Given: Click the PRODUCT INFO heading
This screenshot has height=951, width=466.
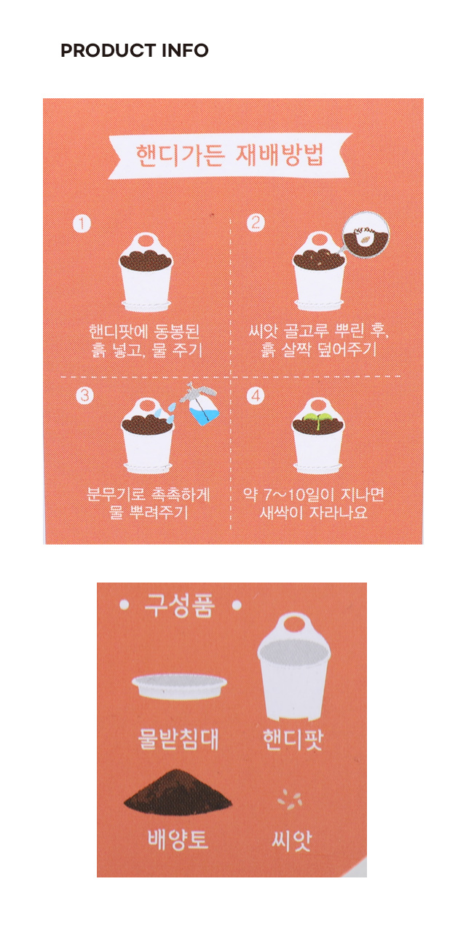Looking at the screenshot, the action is click(x=134, y=50).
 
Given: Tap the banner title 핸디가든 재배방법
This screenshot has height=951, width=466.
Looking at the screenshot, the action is click(x=229, y=155).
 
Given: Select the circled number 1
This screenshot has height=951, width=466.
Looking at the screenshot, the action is click(x=82, y=224).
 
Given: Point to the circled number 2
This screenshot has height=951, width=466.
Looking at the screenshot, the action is click(x=256, y=223).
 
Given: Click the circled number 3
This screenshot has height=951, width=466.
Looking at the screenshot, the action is click(x=84, y=395).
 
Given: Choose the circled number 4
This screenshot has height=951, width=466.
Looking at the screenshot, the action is click(x=256, y=395).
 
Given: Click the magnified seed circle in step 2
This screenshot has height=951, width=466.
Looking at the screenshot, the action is click(x=366, y=234).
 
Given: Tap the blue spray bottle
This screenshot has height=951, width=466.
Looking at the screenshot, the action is click(x=201, y=404).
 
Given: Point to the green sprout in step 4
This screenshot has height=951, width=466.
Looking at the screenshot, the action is click(x=315, y=417).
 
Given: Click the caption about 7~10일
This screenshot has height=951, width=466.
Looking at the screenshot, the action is click(x=314, y=503).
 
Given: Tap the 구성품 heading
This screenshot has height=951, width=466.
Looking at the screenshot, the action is click(x=180, y=605).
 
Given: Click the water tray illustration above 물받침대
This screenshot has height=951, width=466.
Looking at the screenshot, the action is click(x=179, y=686).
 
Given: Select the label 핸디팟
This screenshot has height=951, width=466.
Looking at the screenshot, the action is click(x=293, y=739).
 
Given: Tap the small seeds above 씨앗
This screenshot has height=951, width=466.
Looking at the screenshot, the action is click(x=290, y=800).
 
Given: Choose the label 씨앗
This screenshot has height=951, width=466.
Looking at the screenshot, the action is click(x=291, y=840).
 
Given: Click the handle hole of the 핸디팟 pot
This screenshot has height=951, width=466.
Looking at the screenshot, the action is click(x=295, y=625).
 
